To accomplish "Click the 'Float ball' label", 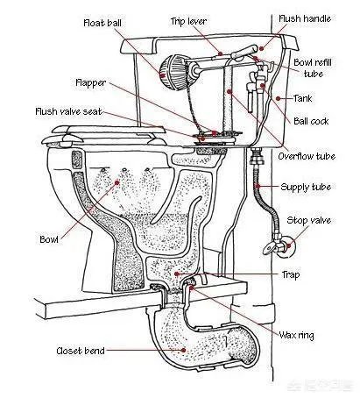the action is click(x=102, y=23).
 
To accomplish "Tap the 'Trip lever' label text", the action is click(x=188, y=21).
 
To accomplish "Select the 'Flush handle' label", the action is click(x=305, y=18).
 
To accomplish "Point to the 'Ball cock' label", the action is click(x=311, y=121).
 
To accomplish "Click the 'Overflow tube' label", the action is click(x=307, y=156).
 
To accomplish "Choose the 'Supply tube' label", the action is click(x=306, y=187).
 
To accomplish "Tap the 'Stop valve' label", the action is click(x=309, y=220).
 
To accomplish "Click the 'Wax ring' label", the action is click(x=296, y=335).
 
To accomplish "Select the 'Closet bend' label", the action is click(x=81, y=351).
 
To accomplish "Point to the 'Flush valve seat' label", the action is click(x=68, y=111).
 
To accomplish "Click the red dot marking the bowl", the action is click(x=117, y=183).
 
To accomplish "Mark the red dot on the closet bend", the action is click(x=184, y=350).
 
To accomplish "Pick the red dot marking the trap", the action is click(x=177, y=274).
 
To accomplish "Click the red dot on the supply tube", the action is click(x=258, y=186).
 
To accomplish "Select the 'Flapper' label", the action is click(x=91, y=82).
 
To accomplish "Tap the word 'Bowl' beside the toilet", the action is click(x=49, y=239).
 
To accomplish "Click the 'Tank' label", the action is click(x=303, y=98).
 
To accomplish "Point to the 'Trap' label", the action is click(x=291, y=274).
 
